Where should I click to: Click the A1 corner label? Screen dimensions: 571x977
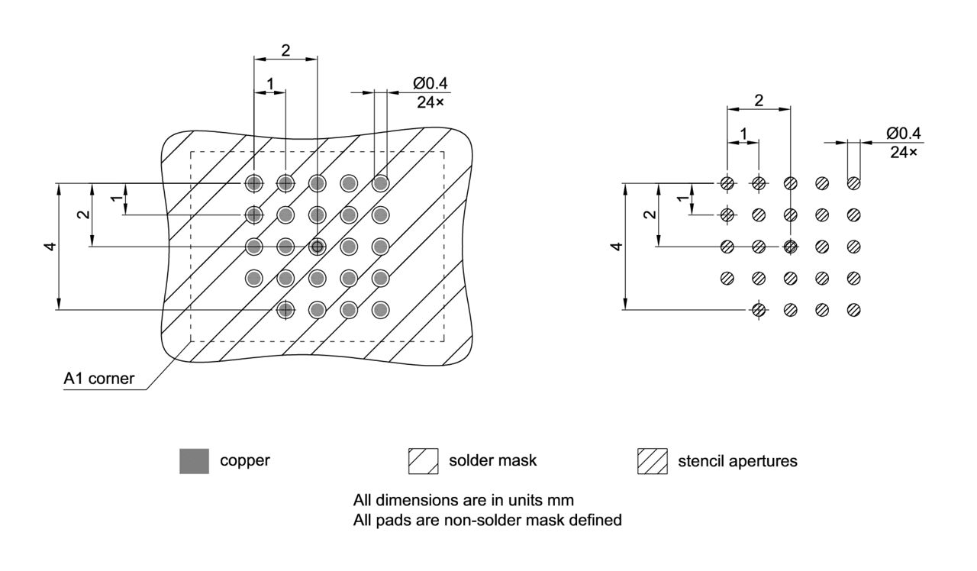pos(99,379)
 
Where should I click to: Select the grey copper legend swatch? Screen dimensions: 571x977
pos(194,461)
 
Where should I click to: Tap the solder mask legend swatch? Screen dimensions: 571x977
pos(423,461)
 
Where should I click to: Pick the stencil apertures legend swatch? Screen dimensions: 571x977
pos(652,461)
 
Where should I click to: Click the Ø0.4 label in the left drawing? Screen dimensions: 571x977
pos(430,84)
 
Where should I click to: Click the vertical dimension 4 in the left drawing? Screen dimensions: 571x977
pos(50,247)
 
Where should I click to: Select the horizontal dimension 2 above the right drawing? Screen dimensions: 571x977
pos(759,100)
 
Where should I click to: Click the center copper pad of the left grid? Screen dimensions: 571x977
pos(317,247)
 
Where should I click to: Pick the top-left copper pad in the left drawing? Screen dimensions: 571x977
pos(253,183)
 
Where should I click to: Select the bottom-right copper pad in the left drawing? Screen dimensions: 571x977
pos(380,310)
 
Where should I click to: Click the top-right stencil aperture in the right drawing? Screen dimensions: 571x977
pos(853,183)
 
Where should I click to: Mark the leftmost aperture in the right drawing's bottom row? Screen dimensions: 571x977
pos(758,310)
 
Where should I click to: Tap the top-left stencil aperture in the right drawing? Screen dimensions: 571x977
pos(727,183)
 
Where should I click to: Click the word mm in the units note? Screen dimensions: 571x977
pos(563,501)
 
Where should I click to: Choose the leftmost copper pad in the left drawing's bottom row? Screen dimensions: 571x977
pos(285,310)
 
